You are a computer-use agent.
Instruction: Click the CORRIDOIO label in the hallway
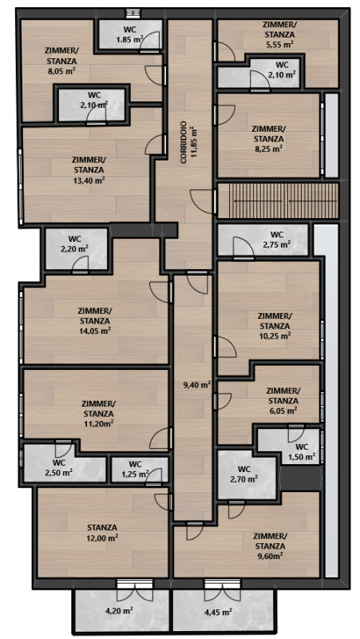[x=184, y=142]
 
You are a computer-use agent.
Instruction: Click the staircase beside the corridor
[x=277, y=200]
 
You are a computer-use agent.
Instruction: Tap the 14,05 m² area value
[x=95, y=331]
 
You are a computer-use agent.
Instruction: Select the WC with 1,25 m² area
[x=135, y=469]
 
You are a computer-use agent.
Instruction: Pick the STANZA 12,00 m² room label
[x=101, y=533]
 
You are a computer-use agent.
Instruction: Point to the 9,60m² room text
[x=269, y=555]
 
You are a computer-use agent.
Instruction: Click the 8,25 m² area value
[x=269, y=149]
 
